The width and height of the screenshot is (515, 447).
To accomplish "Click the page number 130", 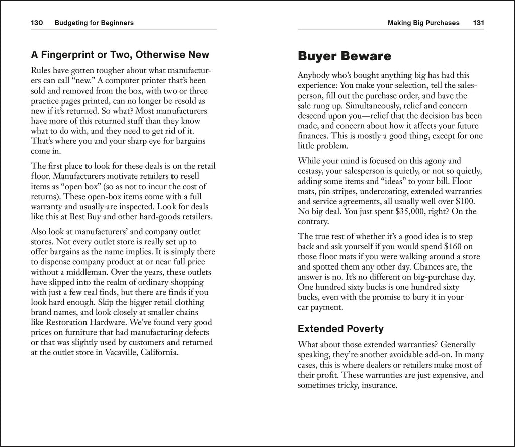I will pyautogui.click(x=38, y=23).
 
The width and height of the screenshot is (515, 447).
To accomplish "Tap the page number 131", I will pyautogui.click(x=478, y=23).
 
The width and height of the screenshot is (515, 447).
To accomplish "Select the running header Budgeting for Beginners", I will pyautogui.click(x=94, y=23).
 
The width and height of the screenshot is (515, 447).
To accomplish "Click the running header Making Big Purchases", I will pyautogui.click(x=423, y=23).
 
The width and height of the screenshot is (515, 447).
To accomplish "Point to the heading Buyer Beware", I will pyautogui.click(x=345, y=56).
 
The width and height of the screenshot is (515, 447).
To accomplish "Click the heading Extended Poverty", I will pyautogui.click(x=340, y=329).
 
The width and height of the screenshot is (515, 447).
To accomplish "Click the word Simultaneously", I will pyautogui.click(x=373, y=106).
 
